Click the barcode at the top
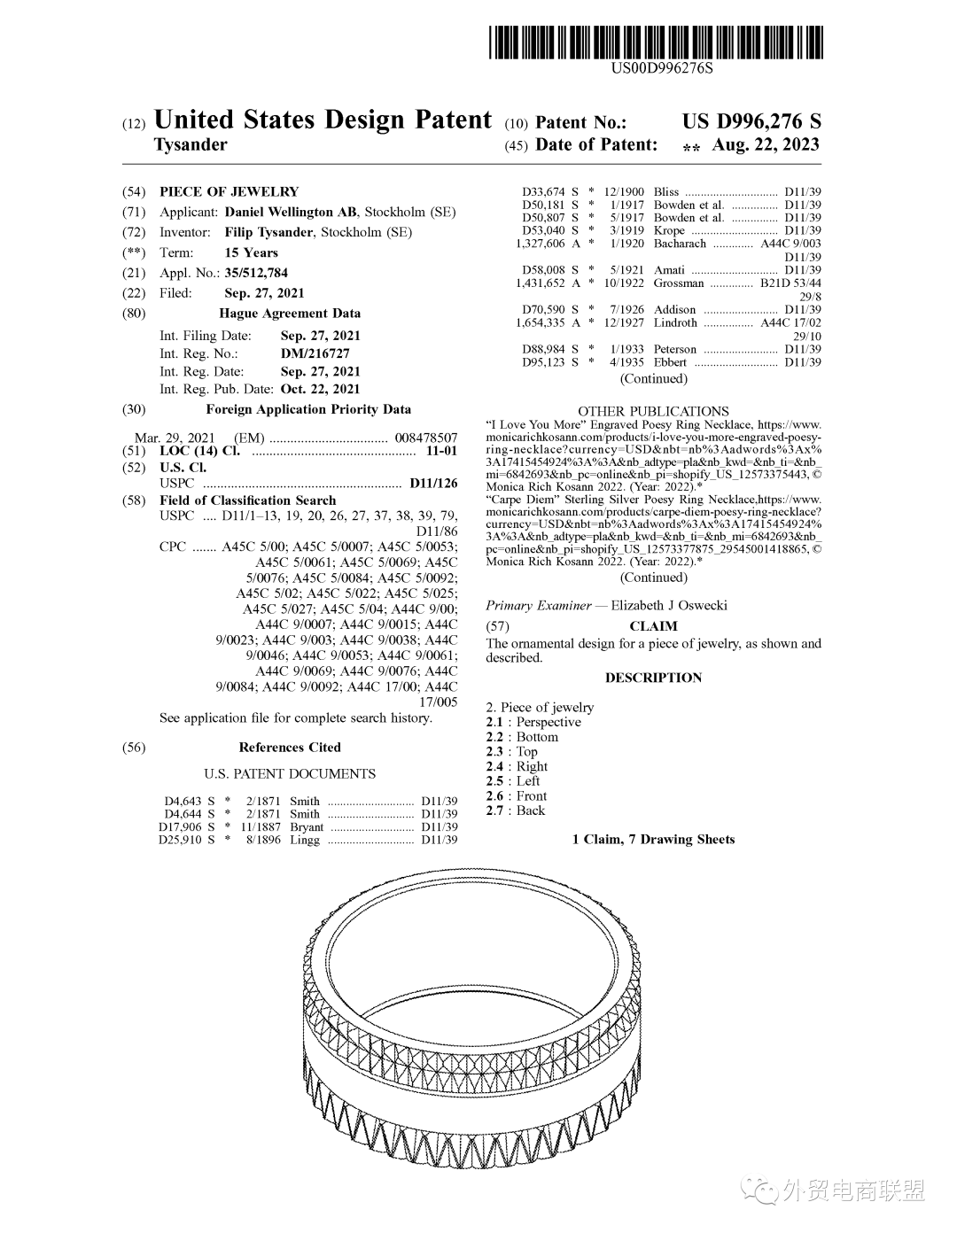pyautogui.click(x=656, y=42)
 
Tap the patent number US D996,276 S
pyautogui.click(x=751, y=122)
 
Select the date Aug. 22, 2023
pyautogui.click(x=766, y=144)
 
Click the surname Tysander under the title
pyautogui.click(x=191, y=144)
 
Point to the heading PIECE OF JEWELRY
pyautogui.click(x=229, y=191)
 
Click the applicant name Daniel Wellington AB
pyautogui.click(x=291, y=212)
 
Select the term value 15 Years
pyautogui.click(x=251, y=252)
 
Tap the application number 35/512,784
pyautogui.click(x=256, y=273)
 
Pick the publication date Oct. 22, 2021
pyautogui.click(x=320, y=389)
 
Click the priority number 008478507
pyautogui.click(x=426, y=438)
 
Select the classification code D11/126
pyautogui.click(x=433, y=484)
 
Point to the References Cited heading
pyautogui.click(x=290, y=748)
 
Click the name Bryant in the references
pyautogui.click(x=307, y=827)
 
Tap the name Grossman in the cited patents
pyautogui.click(x=679, y=283)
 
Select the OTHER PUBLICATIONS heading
pyautogui.click(x=653, y=411)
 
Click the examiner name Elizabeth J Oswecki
pyautogui.click(x=669, y=606)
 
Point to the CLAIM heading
pyautogui.click(x=653, y=626)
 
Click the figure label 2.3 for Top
pyautogui.click(x=494, y=752)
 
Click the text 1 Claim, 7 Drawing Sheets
pyautogui.click(x=653, y=840)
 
